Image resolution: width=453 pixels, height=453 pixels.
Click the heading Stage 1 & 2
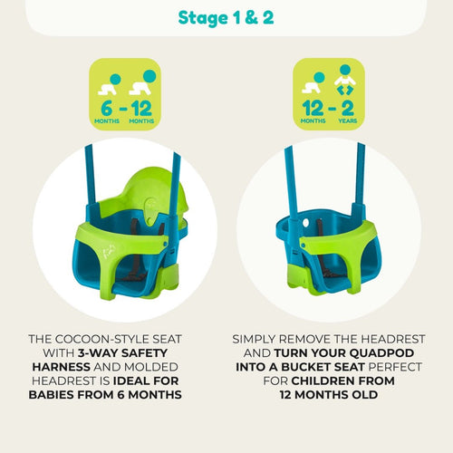[x=226, y=18]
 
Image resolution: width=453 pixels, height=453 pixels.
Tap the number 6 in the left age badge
[x=106, y=109]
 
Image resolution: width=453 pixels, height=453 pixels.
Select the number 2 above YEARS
[x=348, y=108]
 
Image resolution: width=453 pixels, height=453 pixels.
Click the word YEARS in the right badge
[x=348, y=120]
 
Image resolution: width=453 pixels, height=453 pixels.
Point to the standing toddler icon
[x=345, y=80]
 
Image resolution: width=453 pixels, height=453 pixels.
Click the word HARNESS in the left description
[x=61, y=367]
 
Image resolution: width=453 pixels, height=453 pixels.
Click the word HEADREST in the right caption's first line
[x=392, y=339]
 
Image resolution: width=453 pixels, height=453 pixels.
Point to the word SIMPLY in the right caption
[x=254, y=339]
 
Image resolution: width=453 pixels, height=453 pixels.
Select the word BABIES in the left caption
[x=52, y=395]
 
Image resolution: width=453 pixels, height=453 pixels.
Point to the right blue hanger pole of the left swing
[x=175, y=193]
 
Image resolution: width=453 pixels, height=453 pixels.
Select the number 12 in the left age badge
[x=141, y=109]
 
